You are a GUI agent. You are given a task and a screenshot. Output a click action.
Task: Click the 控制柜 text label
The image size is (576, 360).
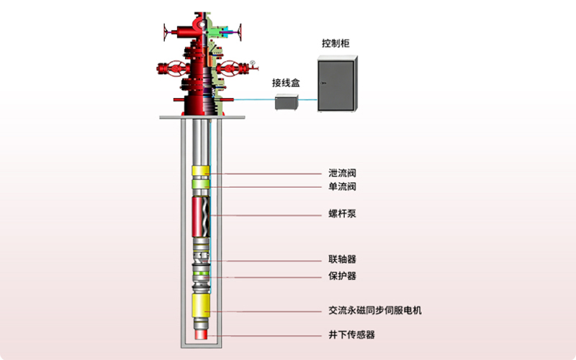tap(336, 44)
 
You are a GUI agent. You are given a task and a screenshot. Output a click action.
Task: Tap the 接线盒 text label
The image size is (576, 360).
tap(286, 83)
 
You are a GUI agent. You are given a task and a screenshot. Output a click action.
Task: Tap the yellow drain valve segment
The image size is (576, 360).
tap(201, 173)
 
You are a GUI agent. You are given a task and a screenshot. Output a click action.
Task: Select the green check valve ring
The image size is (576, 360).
tap(201, 185)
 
